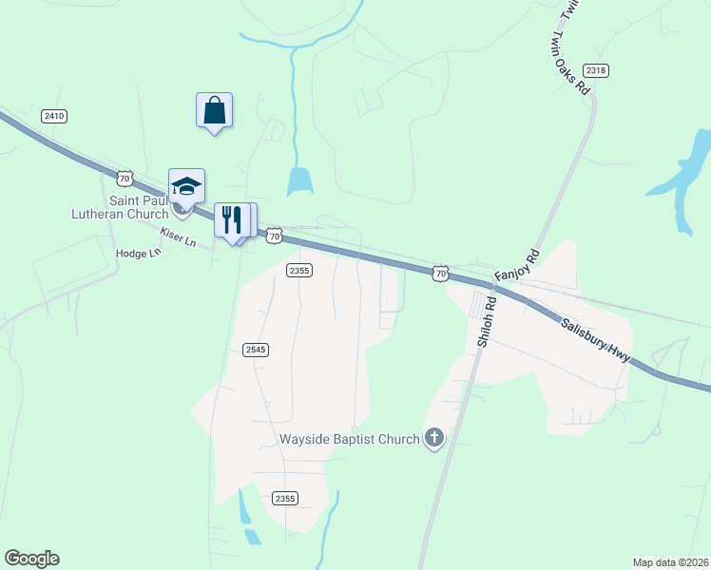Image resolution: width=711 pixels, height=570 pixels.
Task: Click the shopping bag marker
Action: (x=214, y=110)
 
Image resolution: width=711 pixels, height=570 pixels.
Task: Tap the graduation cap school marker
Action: (x=186, y=185)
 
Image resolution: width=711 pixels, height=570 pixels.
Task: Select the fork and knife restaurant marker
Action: (x=231, y=220)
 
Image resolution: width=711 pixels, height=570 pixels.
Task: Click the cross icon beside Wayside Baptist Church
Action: (x=433, y=438)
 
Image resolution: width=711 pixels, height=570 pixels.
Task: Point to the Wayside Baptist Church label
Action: (x=349, y=439)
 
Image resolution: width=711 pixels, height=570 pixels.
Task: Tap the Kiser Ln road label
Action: (x=178, y=237)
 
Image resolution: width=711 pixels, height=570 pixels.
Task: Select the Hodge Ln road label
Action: (x=138, y=254)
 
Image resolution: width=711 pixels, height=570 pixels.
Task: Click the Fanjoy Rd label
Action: (x=517, y=265)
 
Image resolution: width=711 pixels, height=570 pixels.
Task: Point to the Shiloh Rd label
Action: (x=487, y=323)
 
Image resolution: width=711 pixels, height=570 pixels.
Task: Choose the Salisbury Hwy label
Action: (x=594, y=339)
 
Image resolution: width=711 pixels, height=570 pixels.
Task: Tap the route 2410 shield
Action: (x=54, y=116)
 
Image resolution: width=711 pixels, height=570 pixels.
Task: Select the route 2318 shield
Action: (x=596, y=70)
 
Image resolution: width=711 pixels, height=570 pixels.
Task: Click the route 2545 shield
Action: (x=255, y=350)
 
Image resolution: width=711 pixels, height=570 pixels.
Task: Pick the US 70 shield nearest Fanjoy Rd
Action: (x=439, y=273)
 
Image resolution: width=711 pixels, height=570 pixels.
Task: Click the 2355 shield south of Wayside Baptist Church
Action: (x=284, y=498)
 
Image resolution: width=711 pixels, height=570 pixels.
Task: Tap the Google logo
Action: (x=31, y=559)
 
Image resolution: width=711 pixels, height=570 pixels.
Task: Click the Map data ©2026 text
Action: (x=670, y=561)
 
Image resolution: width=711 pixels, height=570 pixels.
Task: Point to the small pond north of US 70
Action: (x=300, y=180)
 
